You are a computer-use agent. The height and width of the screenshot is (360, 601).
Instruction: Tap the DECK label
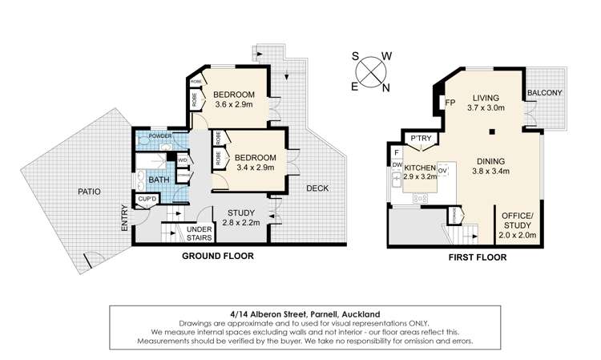tap(318, 188)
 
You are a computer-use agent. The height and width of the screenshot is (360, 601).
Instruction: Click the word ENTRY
tap(125, 218)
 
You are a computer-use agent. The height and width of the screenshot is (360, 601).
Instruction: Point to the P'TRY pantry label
tap(420, 140)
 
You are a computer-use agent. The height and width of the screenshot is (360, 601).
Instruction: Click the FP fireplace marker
tap(450, 103)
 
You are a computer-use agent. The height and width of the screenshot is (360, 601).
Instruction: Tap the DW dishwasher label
tap(396, 164)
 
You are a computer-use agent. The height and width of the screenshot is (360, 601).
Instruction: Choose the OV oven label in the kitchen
tap(441, 170)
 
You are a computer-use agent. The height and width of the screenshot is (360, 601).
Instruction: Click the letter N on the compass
tap(385, 87)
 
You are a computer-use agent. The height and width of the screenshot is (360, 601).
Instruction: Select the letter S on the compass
tap(354, 56)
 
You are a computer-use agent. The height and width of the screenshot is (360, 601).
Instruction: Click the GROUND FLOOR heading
tap(218, 257)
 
